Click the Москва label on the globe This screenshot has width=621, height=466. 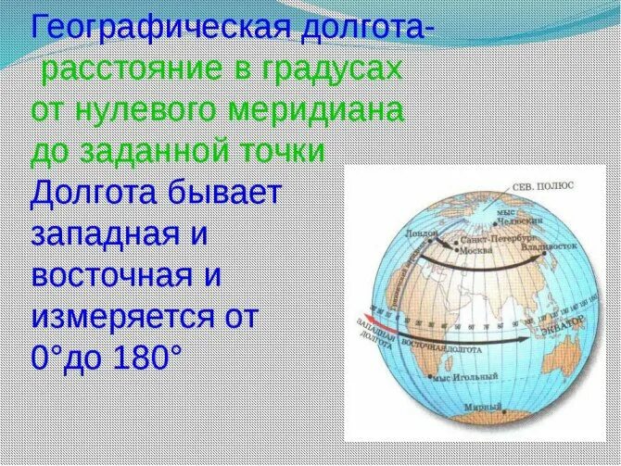pyautogui.click(x=478, y=250)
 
